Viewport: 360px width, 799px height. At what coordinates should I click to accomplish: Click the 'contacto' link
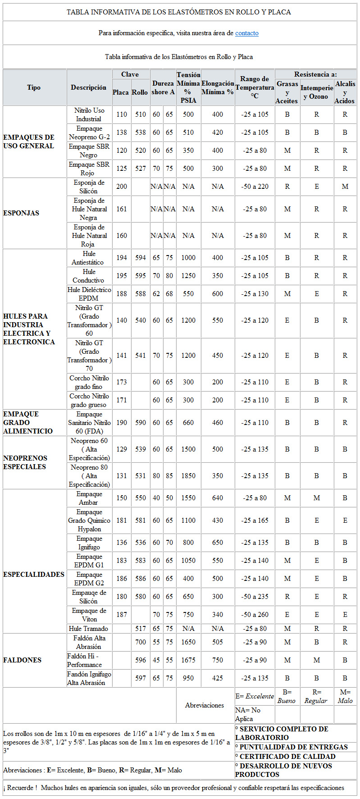246,33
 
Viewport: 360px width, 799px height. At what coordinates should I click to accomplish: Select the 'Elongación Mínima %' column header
218,87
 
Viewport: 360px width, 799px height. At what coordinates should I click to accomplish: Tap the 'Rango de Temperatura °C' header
255,87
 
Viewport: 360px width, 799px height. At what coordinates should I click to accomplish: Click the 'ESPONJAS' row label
21,213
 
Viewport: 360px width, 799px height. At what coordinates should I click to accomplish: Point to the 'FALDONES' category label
22,660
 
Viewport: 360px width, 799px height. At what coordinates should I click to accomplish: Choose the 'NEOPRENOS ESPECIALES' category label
25,462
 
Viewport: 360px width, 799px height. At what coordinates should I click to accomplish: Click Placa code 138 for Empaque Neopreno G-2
122,132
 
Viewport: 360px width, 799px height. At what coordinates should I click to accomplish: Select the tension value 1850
188,476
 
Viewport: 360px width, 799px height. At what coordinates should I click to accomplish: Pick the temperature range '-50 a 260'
255,615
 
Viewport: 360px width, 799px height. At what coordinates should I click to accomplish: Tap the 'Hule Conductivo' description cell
89,276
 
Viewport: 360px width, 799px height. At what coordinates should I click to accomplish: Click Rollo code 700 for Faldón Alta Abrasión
141,642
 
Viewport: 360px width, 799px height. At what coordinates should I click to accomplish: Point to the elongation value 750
218,660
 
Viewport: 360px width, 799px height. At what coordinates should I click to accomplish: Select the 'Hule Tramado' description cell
89,629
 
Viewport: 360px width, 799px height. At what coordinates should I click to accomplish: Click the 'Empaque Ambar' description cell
89,498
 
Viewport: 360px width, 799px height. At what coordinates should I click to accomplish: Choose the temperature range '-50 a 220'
255,187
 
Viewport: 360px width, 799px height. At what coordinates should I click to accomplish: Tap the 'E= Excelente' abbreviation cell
255,696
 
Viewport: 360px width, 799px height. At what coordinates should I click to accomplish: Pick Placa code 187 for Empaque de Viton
122,615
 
